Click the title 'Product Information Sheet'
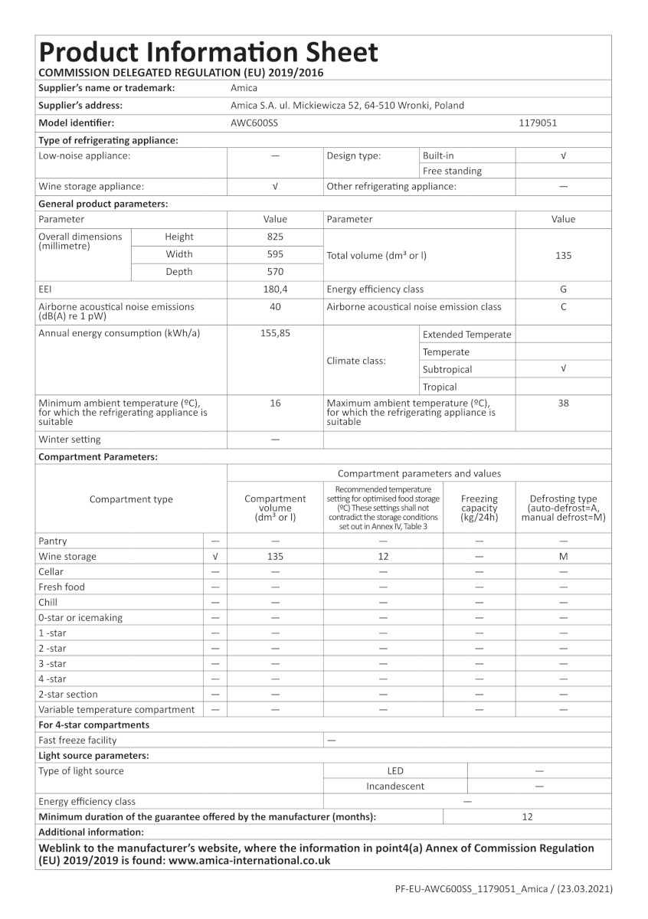pyautogui.click(x=208, y=52)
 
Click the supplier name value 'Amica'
pyautogui.click(x=244, y=88)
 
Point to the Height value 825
pyautogui.click(x=275, y=237)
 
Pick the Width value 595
pyautogui.click(x=275, y=254)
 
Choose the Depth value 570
pyautogui.click(x=275, y=272)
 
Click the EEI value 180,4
pyautogui.click(x=275, y=289)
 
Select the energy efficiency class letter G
pyautogui.click(x=563, y=289)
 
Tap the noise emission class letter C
pyautogui.click(x=563, y=307)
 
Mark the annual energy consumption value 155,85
pyautogui.click(x=275, y=334)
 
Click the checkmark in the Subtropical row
pyautogui.click(x=563, y=369)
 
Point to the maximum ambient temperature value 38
pyautogui.click(x=563, y=403)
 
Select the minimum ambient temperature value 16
pyautogui.click(x=275, y=403)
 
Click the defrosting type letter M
pyautogui.click(x=563, y=557)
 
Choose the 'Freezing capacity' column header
pyautogui.click(x=479, y=509)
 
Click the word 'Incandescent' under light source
pyautogui.click(x=395, y=786)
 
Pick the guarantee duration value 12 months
pyautogui.click(x=527, y=817)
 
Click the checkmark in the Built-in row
pyautogui.click(x=563, y=155)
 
